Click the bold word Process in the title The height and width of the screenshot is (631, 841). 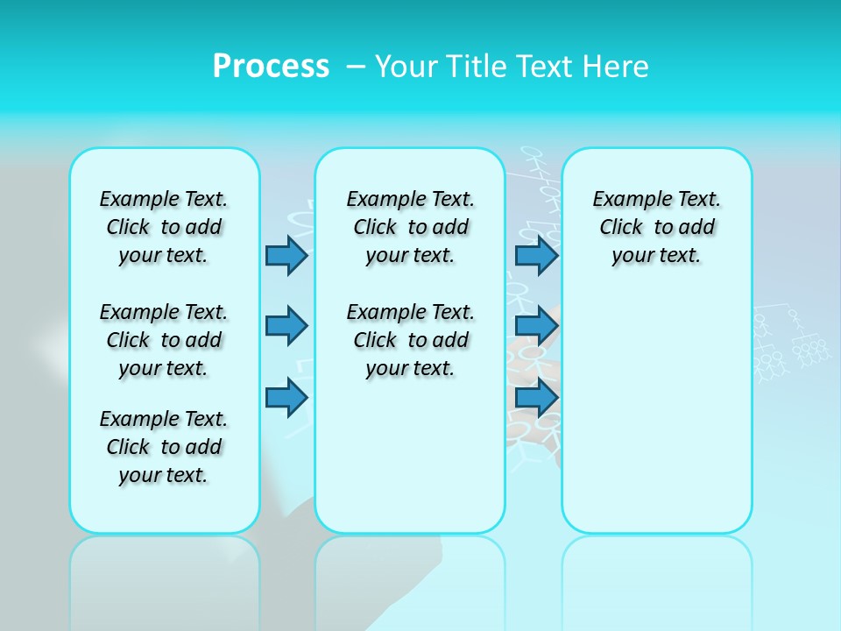tap(271, 66)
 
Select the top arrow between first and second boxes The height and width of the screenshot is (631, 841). tap(286, 256)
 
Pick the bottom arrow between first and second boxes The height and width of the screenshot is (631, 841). tap(286, 398)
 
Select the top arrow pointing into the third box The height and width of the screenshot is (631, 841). tap(536, 256)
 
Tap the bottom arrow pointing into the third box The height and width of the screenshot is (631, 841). tap(536, 398)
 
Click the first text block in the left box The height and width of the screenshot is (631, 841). tap(164, 227)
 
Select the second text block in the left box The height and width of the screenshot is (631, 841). tap(164, 340)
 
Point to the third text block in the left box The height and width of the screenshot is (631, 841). tap(164, 447)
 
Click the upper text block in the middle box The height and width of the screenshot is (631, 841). tap(410, 227)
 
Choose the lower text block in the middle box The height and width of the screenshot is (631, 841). tap(410, 340)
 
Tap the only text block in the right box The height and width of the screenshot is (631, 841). tap(656, 227)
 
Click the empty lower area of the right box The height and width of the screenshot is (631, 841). tap(656, 412)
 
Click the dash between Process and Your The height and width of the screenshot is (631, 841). tap(356, 67)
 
